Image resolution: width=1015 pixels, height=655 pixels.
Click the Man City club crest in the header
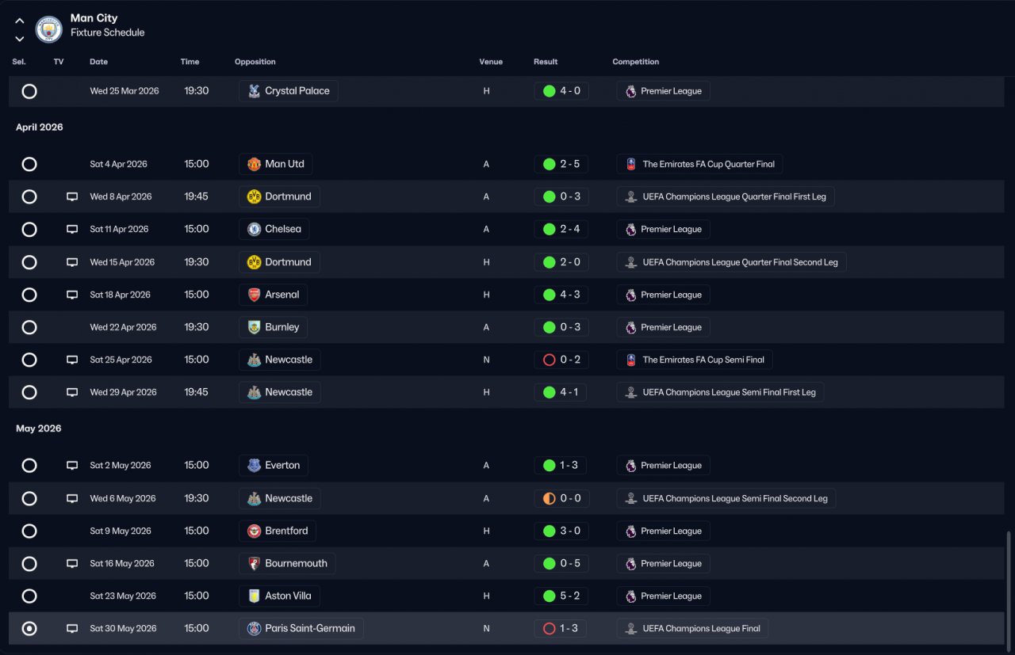coord(49,29)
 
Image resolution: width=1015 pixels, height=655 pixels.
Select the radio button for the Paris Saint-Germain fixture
coord(29,629)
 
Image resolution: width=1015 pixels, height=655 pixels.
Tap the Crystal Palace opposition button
coord(289,91)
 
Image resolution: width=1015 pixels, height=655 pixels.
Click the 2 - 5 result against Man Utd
coord(561,164)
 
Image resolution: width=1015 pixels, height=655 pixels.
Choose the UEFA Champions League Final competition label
coord(692,629)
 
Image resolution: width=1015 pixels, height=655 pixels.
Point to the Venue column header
coord(491,62)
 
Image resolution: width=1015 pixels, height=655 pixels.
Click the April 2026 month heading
coord(40,128)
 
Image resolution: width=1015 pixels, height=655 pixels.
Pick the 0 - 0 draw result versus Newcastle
coord(561,499)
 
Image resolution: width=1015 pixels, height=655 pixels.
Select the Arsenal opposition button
coord(274,295)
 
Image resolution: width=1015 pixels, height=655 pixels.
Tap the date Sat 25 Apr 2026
coord(121,360)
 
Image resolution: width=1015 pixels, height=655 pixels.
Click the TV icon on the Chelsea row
coord(72,230)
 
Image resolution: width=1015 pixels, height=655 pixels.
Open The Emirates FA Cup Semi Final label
coord(695,360)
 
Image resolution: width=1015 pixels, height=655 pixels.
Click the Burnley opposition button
coord(274,327)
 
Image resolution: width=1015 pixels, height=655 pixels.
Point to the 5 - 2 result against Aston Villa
coord(561,596)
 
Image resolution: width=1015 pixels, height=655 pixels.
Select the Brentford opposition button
coord(278,531)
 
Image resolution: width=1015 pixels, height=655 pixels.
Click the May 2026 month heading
coord(39,428)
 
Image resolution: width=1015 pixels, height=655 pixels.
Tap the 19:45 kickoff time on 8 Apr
coord(197,196)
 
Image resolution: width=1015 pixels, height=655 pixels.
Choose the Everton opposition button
coord(274,466)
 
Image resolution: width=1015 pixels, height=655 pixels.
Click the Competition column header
coord(636,62)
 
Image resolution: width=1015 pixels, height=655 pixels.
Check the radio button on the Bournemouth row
coord(29,564)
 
